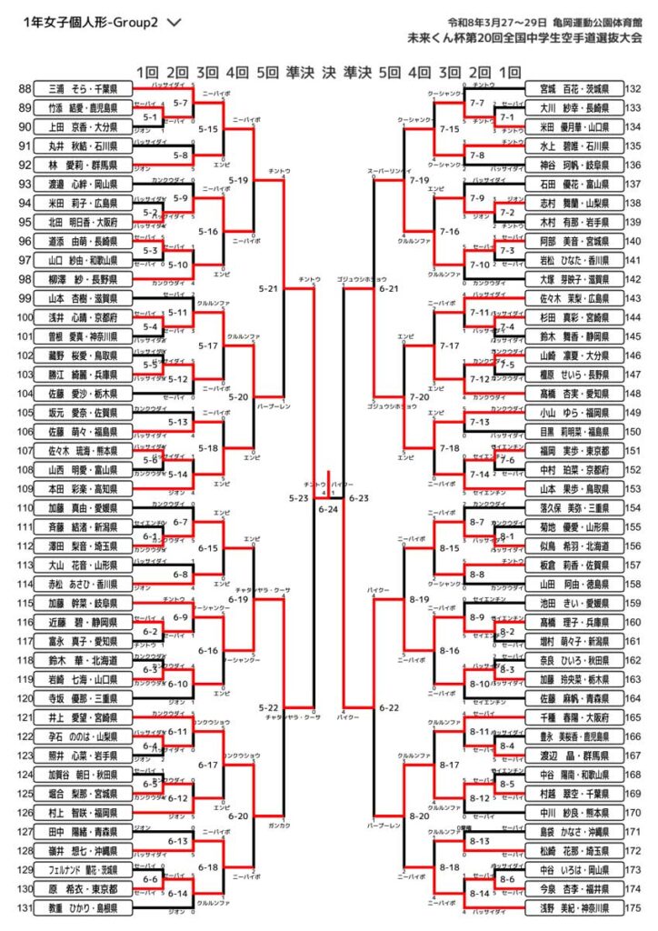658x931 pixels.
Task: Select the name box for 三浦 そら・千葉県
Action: tap(83, 89)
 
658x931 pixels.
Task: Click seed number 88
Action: tap(24, 89)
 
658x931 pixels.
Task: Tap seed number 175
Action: tap(634, 908)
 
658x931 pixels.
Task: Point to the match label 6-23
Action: tap(358, 498)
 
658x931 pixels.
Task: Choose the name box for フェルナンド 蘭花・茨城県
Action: tap(83, 870)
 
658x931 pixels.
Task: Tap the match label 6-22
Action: tap(389, 707)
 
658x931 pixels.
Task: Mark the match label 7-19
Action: tap(419, 181)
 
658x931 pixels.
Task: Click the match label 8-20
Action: tap(419, 816)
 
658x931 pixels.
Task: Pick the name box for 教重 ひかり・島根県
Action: tap(83, 908)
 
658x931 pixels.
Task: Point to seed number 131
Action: tap(24, 908)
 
